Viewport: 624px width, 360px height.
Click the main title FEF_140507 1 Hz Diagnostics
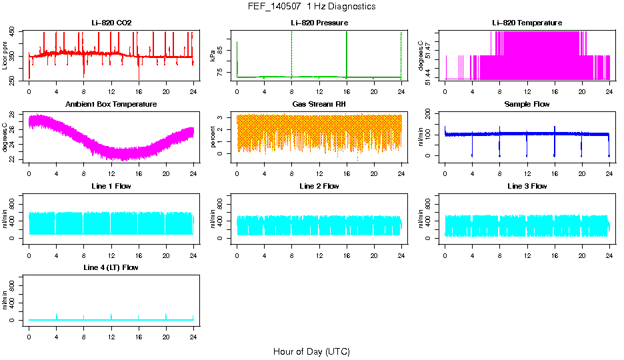tap(311, 7)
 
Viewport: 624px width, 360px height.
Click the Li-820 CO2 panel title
tap(111, 23)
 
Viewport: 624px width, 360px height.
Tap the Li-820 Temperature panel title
tap(527, 23)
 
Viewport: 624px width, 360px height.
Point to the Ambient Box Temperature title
tap(111, 105)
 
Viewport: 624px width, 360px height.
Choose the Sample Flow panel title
tap(527, 105)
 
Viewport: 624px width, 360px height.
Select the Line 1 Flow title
tap(111, 186)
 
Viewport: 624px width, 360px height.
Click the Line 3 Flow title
tap(527, 186)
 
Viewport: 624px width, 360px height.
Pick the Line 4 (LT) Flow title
tap(111, 267)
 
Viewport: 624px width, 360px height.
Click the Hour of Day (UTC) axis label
tap(311, 351)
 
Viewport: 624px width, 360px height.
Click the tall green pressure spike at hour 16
tap(347, 53)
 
